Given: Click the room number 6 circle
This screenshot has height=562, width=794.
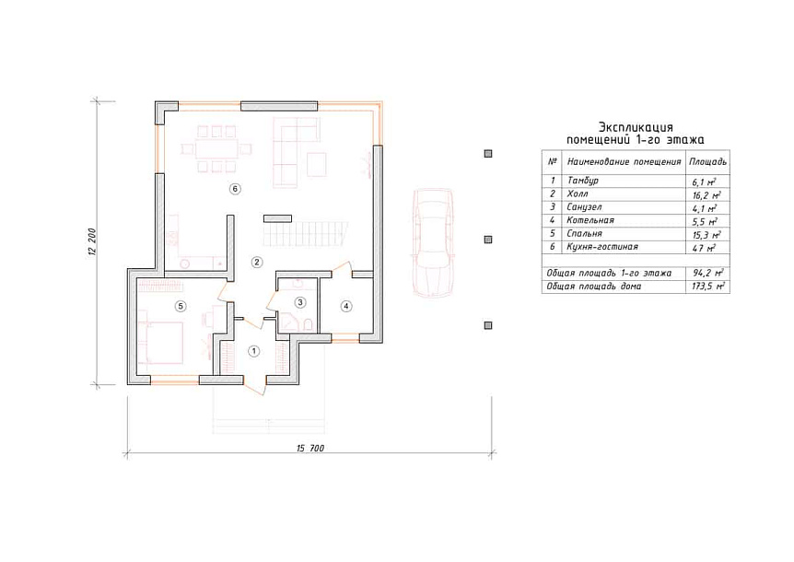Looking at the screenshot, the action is [235, 189].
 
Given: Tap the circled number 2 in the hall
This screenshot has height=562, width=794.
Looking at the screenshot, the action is [257, 262].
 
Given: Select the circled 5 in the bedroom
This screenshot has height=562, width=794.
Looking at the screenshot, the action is [180, 306].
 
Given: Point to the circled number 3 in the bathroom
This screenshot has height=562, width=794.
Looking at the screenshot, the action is [300, 302].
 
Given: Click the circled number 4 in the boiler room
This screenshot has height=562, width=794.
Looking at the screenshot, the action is [345, 306].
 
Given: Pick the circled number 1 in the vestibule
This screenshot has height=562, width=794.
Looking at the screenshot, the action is [253, 351].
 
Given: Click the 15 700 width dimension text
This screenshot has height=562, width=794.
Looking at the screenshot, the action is [309, 448].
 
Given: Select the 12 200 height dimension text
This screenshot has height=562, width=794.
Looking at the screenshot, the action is [92, 242].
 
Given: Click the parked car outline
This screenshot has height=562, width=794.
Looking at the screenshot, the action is [431, 242].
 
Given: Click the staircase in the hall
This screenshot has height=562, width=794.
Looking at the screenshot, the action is [305, 234].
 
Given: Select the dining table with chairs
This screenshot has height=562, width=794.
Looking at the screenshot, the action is [216, 149].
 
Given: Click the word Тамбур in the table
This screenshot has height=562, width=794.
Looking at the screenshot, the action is [582, 181].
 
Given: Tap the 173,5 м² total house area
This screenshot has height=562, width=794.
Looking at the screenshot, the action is [708, 287].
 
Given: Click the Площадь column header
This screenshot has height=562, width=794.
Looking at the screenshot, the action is [707, 162].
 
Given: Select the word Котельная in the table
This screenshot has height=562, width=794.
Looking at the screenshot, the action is [590, 220].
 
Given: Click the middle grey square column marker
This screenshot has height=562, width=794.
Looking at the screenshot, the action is [488, 240].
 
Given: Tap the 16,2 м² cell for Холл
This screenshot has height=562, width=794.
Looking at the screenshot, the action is [706, 195].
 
